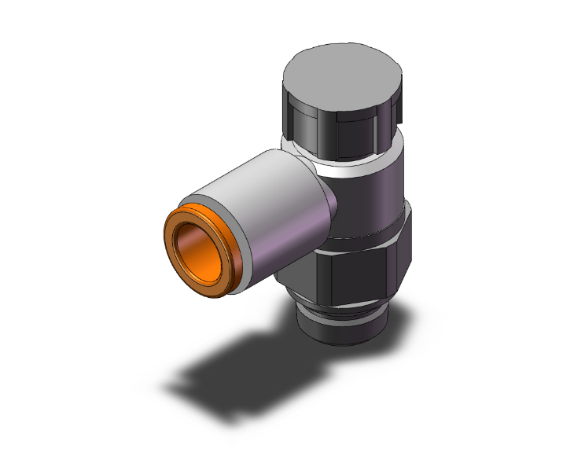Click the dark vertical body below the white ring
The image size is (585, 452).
pyautogui.click(x=370, y=197)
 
